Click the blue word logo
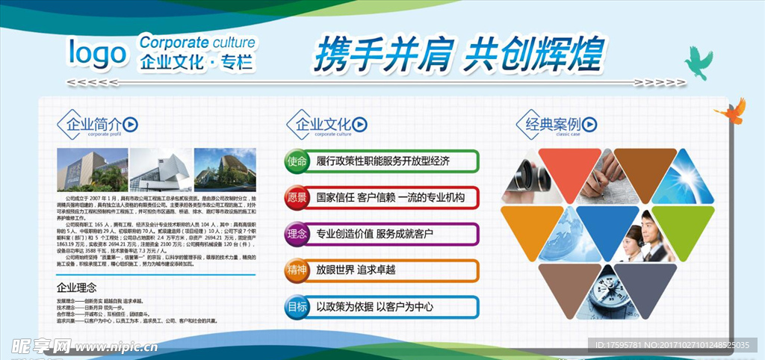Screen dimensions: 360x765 (97, 54)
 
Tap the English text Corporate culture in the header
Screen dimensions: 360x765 (197, 43)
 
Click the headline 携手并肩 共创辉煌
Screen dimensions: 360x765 (458, 54)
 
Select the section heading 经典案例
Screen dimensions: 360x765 (552, 124)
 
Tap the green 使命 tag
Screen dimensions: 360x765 (297, 161)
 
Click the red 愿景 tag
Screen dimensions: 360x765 (297, 198)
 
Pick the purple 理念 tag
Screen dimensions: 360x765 (297, 234)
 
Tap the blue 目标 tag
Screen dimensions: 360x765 (297, 306)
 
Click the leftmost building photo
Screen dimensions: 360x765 (92, 169)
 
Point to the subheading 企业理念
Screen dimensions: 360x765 (76, 288)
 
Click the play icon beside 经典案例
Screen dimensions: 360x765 (589, 124)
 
